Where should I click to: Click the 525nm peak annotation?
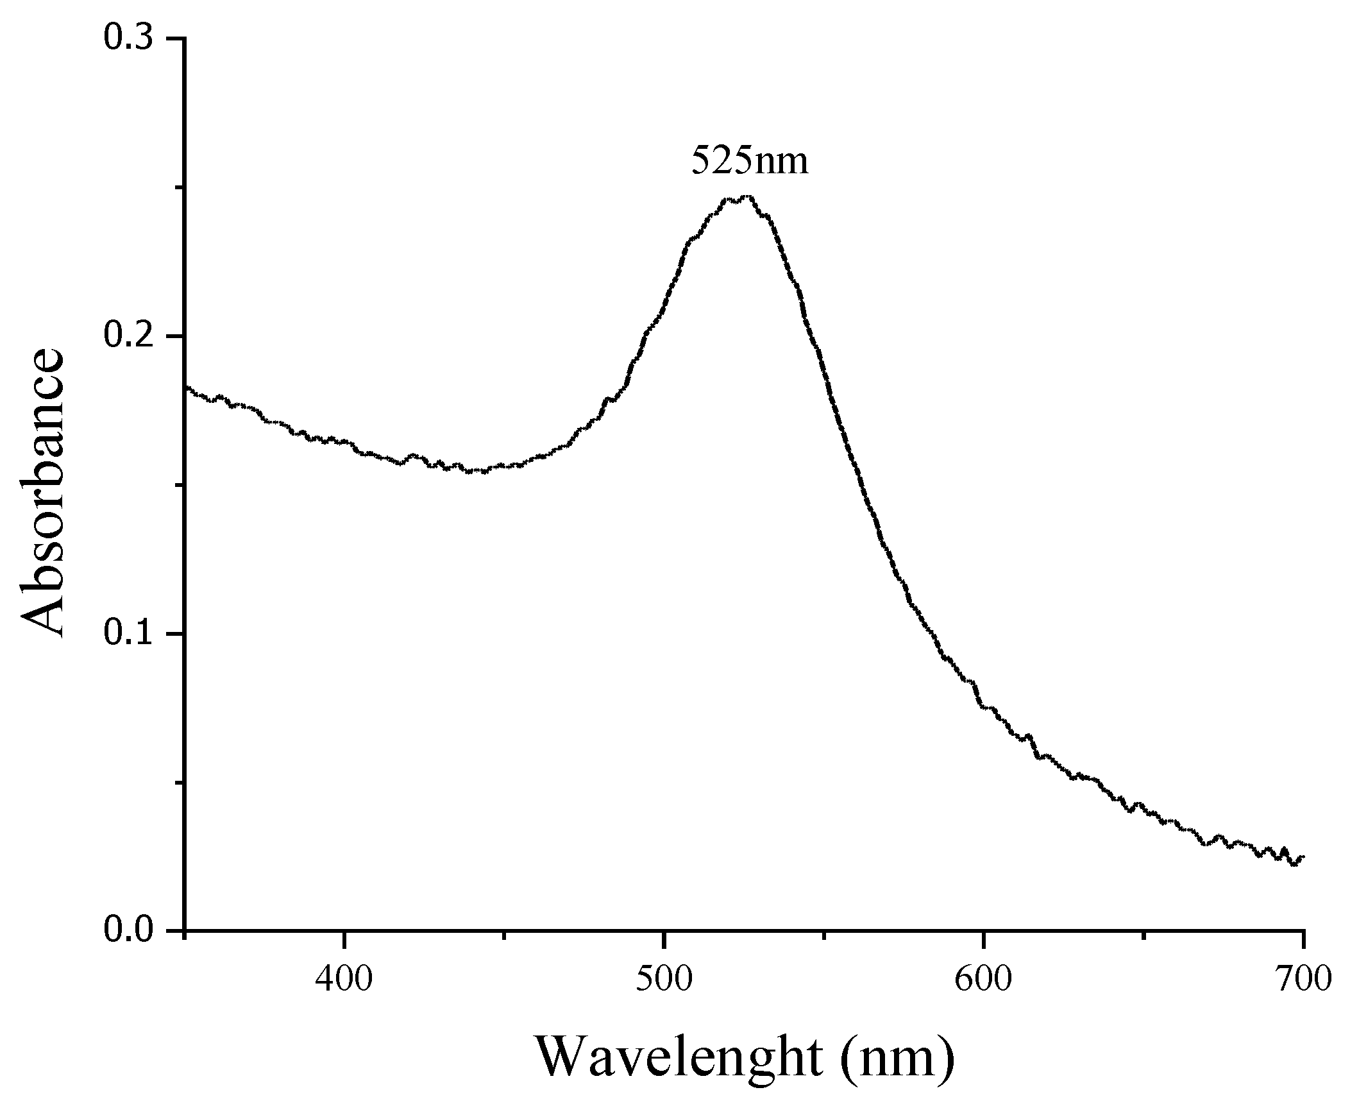pos(749,162)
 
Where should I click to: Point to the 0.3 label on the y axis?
pos(128,38)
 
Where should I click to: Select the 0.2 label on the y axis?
pos(128,336)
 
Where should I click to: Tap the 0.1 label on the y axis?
pos(128,634)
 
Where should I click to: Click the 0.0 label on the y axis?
pos(128,930)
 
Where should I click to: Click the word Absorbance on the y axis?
pos(44,493)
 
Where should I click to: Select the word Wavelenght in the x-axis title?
pos(679,1055)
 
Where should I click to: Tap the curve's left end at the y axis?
pos(186,387)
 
